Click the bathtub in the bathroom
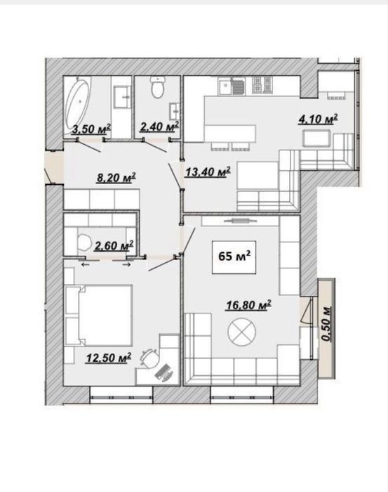pyautogui.click(x=78, y=107)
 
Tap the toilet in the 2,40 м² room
pyautogui.click(x=157, y=87)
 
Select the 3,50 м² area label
pyautogui.click(x=91, y=129)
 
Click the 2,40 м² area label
pyautogui.click(x=159, y=127)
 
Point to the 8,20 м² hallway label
pyautogui.click(x=116, y=178)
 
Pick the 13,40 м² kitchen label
pyautogui.click(x=208, y=172)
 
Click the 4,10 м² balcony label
pyautogui.click(x=318, y=119)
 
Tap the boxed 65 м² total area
pyautogui.click(x=234, y=257)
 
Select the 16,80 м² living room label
pyautogui.click(x=248, y=305)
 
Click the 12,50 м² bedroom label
pyautogui.click(x=108, y=358)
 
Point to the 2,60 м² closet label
pyautogui.click(x=114, y=246)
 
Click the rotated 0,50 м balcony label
pyautogui.click(x=327, y=323)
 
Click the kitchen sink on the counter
pyautogui.click(x=225, y=86)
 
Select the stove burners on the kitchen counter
pyautogui.click(x=262, y=85)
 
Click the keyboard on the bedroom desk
pyautogui.click(x=163, y=373)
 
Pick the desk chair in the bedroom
pyautogui.click(x=149, y=359)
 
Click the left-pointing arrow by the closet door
pyautogui.click(x=85, y=265)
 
